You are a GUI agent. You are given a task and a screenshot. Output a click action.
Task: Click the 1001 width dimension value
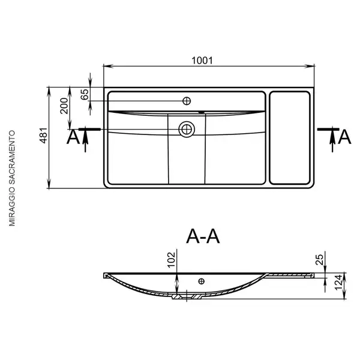pyautogui.click(x=202, y=61)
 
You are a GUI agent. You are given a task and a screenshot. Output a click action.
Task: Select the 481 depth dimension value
pyautogui.click(x=44, y=135)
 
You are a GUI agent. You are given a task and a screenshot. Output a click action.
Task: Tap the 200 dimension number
pyautogui.click(x=64, y=106)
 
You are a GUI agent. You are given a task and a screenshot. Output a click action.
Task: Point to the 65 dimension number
pyautogui.click(x=85, y=94)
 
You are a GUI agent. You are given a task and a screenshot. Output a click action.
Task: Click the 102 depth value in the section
pyautogui.click(x=171, y=260)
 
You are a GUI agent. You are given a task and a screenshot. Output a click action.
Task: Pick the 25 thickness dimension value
pyautogui.click(x=320, y=260)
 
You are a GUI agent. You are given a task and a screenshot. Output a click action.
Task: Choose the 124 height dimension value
pyautogui.click(x=338, y=282)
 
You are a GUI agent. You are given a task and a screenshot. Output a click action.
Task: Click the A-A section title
pyautogui.click(x=203, y=236)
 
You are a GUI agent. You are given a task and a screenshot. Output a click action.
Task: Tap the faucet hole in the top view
pyautogui.click(x=187, y=101)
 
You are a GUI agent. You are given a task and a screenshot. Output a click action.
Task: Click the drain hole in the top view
pyautogui.click(x=187, y=129)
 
